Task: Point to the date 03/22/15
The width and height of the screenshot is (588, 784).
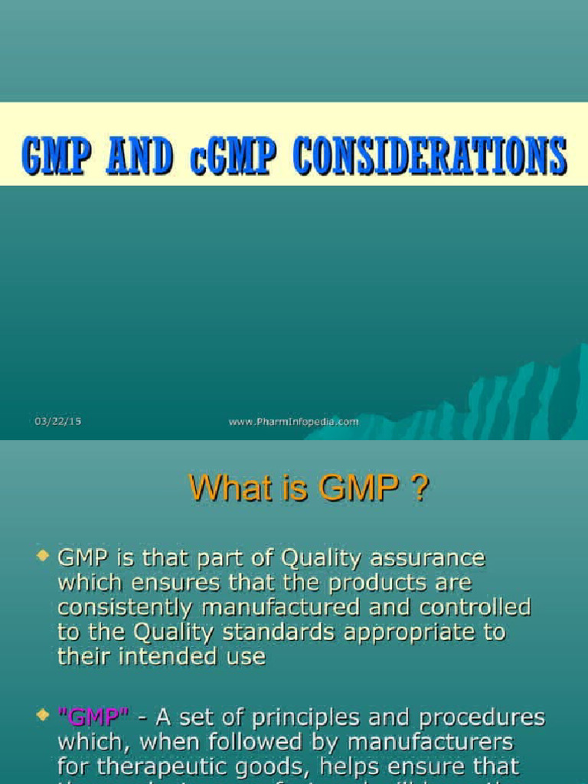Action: click(x=57, y=421)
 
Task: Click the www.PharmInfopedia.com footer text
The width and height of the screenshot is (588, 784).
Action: click(x=293, y=421)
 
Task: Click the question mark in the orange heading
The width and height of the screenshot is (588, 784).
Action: click(x=420, y=488)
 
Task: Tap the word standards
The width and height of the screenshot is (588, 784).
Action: click(x=292, y=632)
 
